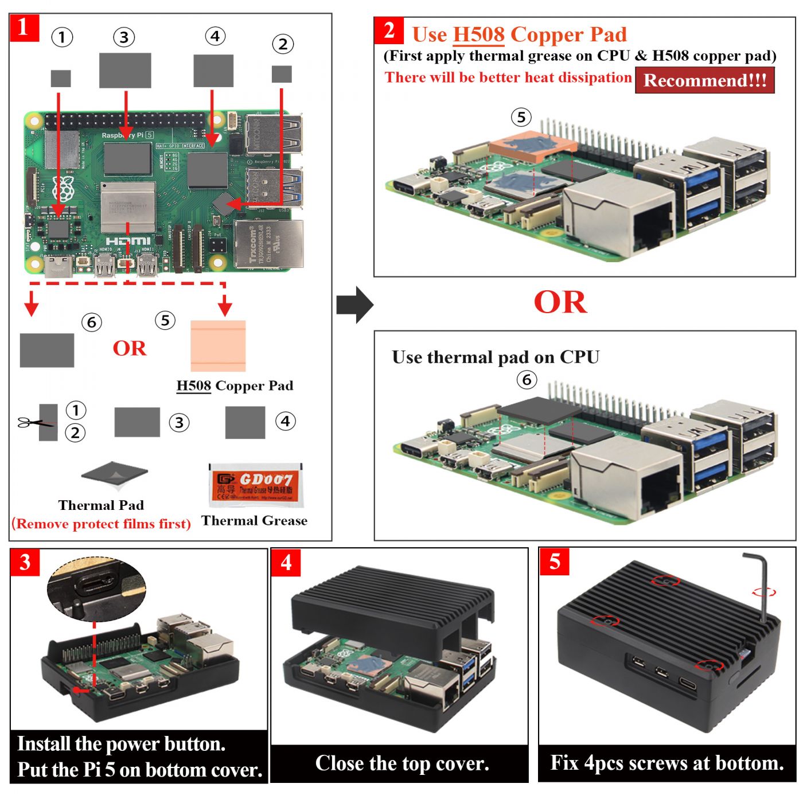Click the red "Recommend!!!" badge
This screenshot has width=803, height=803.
coord(704,80)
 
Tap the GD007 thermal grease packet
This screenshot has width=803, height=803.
coord(255,485)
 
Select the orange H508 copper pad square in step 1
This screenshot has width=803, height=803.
coord(218,346)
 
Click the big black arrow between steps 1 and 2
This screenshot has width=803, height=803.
coord(354,305)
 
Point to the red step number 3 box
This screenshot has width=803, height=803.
coord(25,562)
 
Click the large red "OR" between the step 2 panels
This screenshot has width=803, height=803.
coord(560,302)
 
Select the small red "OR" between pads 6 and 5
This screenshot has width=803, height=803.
coord(129,348)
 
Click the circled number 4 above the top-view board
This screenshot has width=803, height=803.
coord(215,36)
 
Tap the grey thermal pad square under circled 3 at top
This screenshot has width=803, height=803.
coord(125,71)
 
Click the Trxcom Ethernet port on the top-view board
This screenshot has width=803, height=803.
coord(268,245)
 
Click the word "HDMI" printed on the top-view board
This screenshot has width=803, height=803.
coord(128,241)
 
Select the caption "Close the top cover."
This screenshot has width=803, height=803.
coord(402,763)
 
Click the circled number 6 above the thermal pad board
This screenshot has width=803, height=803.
coord(527,380)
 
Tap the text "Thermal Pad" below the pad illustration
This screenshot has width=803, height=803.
coord(101,505)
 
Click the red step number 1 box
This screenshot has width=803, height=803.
coord(24,28)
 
